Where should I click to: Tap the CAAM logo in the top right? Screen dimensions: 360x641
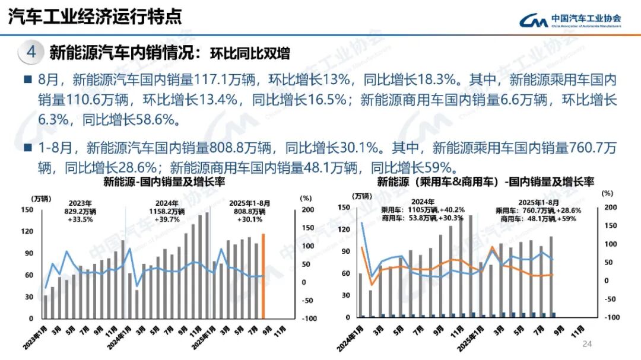coord(570,21)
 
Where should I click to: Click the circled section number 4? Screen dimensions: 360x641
coord(31,52)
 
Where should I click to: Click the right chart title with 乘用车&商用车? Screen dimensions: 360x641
coord(485,181)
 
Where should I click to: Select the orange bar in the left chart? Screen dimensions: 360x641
coord(263,276)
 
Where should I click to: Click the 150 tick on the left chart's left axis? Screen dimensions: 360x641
coord(27,209)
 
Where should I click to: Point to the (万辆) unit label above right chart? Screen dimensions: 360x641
coord(363,196)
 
